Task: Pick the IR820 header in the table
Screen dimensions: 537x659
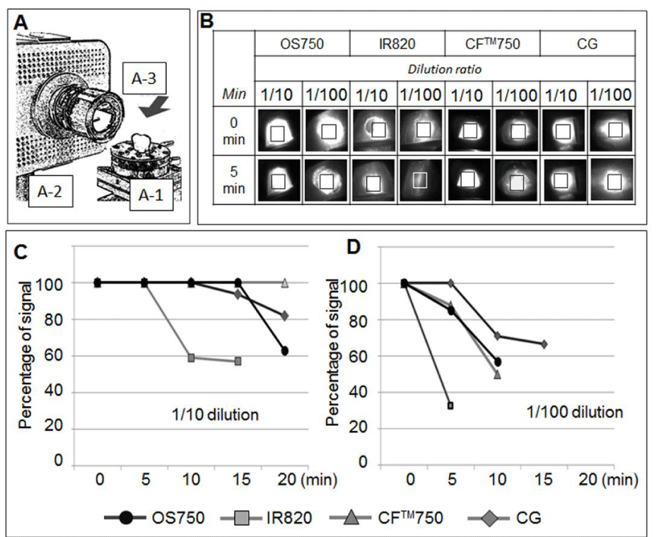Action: tap(397, 45)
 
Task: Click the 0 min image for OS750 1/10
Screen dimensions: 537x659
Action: tap(279, 131)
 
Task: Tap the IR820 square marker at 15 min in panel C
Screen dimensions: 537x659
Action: tap(238, 361)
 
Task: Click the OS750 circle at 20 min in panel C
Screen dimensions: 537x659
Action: tap(284, 351)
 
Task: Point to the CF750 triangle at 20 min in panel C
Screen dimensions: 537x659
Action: tap(284, 283)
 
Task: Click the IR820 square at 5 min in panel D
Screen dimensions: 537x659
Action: tap(450, 405)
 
